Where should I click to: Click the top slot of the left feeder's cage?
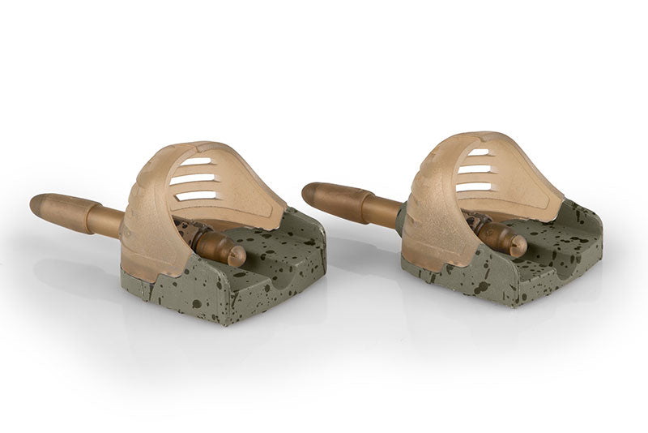(196, 162)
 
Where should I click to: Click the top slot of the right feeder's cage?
(480, 152)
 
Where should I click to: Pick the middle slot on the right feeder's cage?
(477, 169)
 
